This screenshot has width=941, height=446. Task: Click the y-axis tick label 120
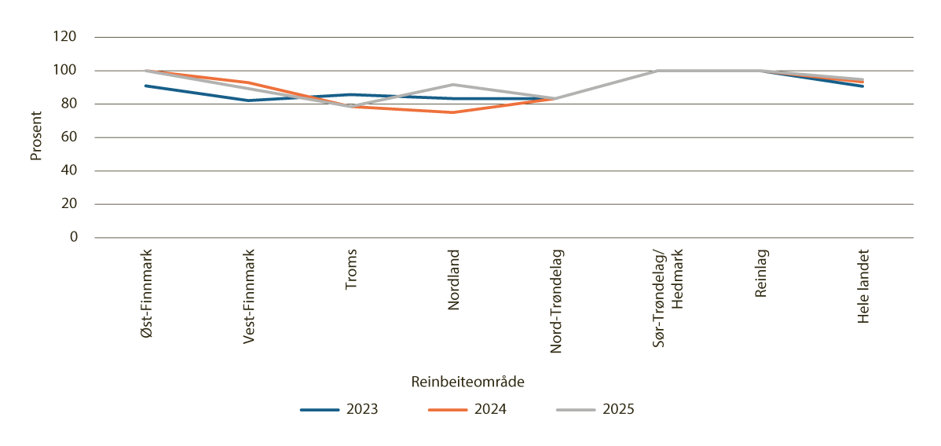point(65,37)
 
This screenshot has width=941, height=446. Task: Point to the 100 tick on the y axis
point(65,71)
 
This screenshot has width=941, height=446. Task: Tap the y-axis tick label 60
point(68,137)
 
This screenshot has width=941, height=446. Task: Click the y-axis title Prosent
point(35,137)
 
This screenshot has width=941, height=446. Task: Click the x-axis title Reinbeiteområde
point(467,382)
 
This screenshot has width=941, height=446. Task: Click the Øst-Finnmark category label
point(146,293)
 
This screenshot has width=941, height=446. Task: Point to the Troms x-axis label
point(351,271)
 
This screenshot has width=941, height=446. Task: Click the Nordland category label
point(453,280)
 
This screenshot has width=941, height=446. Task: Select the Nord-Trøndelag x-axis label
point(556,302)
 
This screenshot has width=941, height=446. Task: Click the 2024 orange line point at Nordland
point(453,112)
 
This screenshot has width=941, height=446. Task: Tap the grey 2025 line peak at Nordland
point(453,85)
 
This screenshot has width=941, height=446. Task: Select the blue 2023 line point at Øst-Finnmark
point(146,86)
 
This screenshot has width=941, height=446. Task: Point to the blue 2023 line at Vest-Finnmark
point(248,101)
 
